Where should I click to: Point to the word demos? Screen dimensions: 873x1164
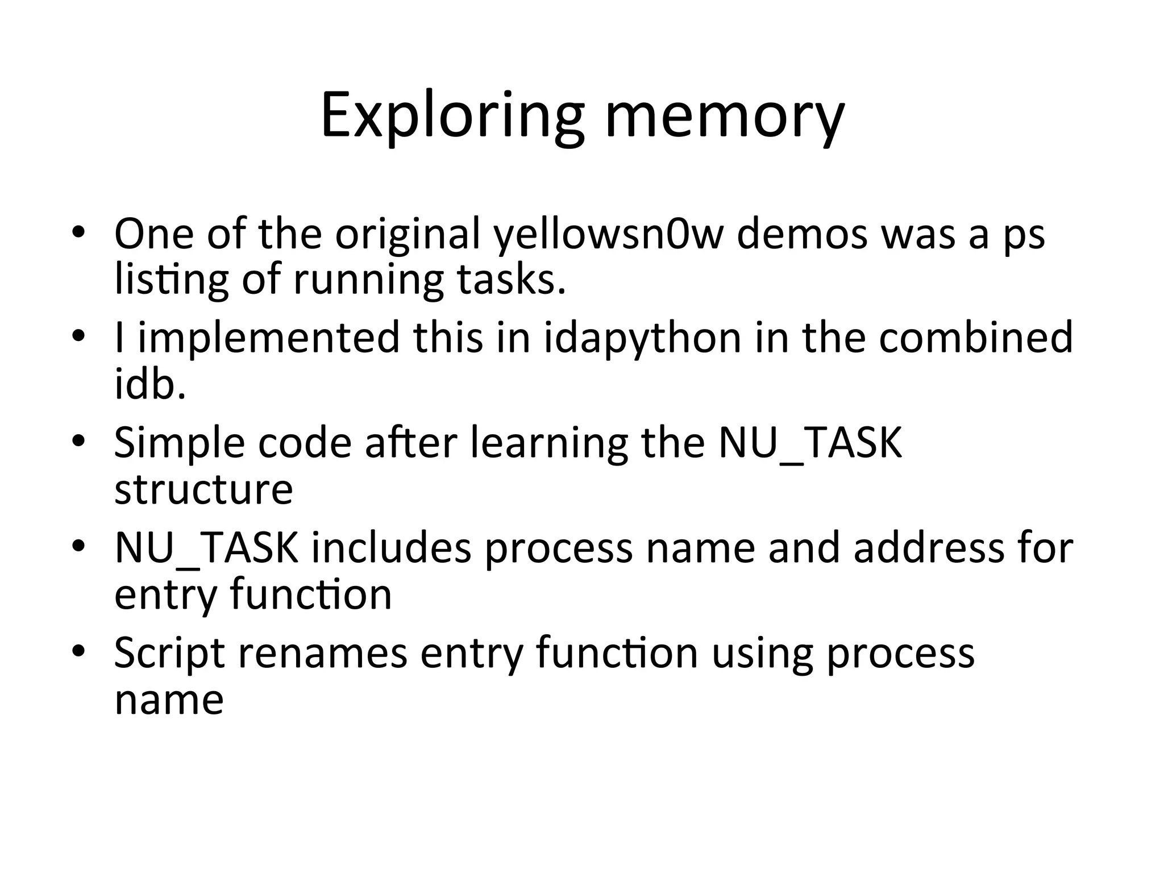coord(802,234)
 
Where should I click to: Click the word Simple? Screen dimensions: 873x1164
coord(179,444)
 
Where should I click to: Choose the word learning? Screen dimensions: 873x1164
coord(549,444)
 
